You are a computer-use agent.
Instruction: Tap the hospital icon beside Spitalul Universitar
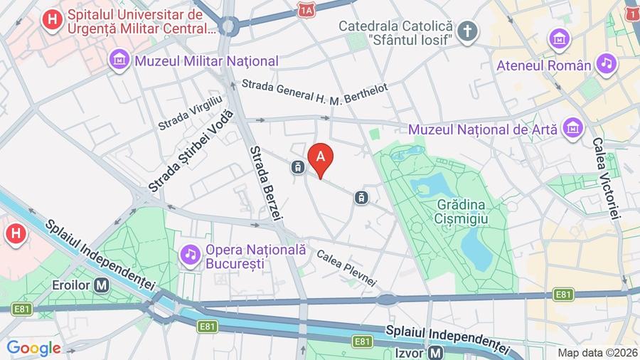click(x=51, y=20)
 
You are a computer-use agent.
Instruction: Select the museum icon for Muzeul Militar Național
click(x=119, y=61)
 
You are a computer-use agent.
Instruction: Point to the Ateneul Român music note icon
click(x=606, y=65)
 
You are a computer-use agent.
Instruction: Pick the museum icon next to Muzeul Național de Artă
click(x=572, y=129)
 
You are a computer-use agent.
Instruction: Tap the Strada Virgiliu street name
click(x=191, y=113)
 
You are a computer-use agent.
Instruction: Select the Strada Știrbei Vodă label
click(x=191, y=152)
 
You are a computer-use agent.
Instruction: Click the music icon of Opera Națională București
click(x=190, y=253)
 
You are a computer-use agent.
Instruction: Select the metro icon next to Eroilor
click(x=102, y=285)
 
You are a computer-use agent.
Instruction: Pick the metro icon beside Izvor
click(x=436, y=352)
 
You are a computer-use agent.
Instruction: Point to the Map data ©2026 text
click(x=597, y=352)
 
